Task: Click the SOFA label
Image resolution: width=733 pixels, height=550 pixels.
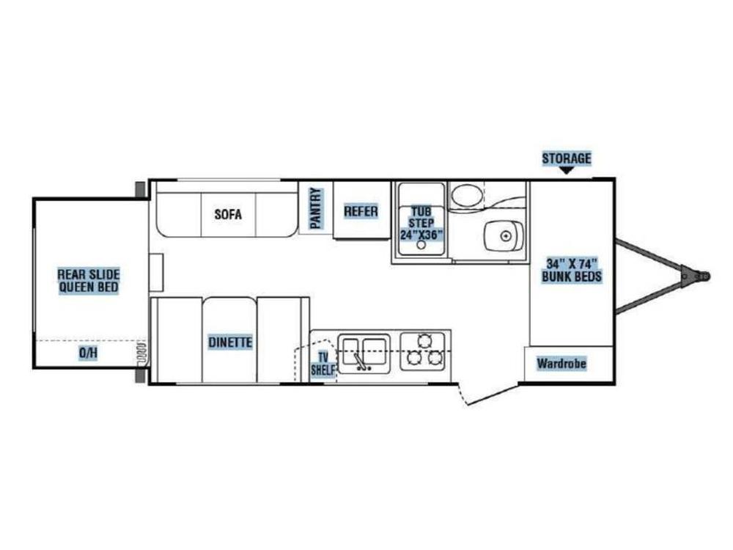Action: [228, 214]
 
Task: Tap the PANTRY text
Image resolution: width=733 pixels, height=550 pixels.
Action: [316, 209]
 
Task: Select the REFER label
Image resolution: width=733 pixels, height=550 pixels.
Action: [361, 212]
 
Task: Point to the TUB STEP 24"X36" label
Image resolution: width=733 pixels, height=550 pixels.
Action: [421, 222]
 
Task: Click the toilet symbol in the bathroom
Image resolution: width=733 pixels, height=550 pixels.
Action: [465, 196]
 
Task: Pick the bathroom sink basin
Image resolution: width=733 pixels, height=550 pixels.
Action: [504, 235]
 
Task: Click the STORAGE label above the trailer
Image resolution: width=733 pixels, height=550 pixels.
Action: [566, 158]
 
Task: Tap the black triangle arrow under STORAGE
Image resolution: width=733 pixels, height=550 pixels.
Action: [566, 171]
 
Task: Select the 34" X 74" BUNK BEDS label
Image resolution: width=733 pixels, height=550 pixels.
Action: [572, 270]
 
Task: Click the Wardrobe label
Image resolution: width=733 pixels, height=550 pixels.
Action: [561, 363]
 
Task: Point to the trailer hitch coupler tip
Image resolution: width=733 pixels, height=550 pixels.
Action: [705, 276]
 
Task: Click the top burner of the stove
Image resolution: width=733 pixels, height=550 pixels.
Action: [424, 340]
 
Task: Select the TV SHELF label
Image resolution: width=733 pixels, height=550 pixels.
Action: [322, 364]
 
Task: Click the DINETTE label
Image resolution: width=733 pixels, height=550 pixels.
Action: [229, 342]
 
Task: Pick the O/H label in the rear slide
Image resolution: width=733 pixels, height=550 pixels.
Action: [88, 353]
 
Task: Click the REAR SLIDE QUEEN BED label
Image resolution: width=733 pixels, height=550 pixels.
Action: [88, 280]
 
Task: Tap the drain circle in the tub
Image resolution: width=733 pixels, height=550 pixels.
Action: [421, 246]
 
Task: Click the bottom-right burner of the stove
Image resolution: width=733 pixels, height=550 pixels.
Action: [435, 358]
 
